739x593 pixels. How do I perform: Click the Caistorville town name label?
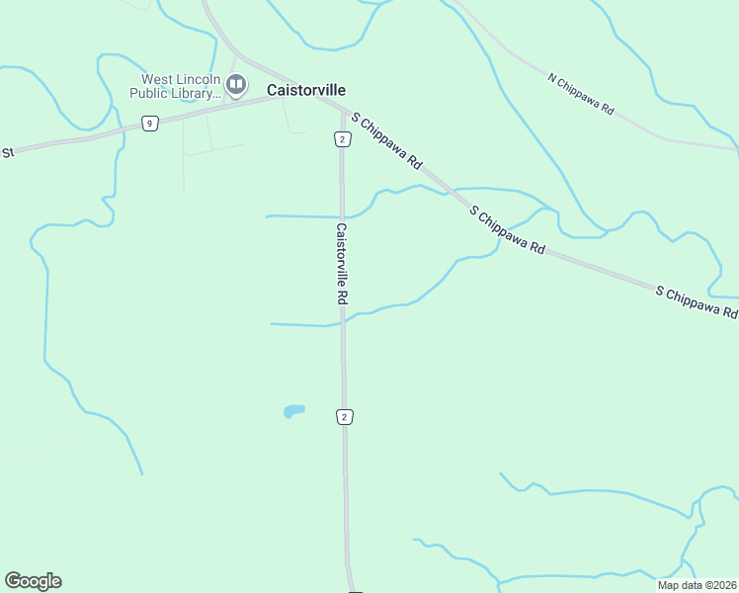coord(306,89)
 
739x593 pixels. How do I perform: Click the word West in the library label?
coord(157,79)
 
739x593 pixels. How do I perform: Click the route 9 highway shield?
coord(149,124)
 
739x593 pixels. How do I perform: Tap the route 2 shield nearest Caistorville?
coord(341,139)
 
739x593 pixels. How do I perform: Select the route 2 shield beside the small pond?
coord(344,417)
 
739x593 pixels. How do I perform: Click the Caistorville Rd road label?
coord(341,263)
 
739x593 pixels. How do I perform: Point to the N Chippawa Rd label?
coord(581,94)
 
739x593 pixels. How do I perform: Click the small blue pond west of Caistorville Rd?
coord(293,410)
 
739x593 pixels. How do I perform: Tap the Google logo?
coord(33,581)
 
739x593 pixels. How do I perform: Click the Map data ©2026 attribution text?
coord(697,585)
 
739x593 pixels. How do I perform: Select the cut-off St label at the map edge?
coord(7,152)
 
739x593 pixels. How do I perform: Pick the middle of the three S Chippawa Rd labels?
coord(508,231)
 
